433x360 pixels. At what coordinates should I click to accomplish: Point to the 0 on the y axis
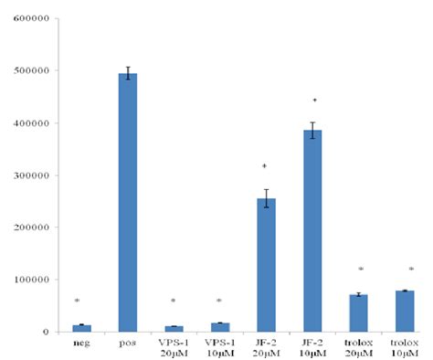click(42, 332)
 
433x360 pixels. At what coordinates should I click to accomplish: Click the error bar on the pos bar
click(130, 74)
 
